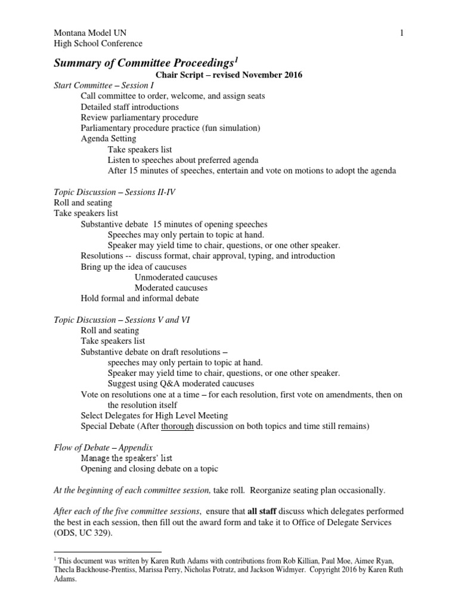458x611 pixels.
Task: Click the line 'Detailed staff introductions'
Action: [x=129, y=107]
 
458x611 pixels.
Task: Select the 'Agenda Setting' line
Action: [x=108, y=139]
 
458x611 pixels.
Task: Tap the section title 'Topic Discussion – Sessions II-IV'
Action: [x=114, y=192]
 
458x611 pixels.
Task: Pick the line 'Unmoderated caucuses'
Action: [x=176, y=277]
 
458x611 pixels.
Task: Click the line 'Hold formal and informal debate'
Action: [x=140, y=298]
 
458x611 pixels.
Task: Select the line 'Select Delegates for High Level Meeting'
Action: [x=154, y=415]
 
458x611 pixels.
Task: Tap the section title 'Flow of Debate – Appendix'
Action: [x=103, y=447]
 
